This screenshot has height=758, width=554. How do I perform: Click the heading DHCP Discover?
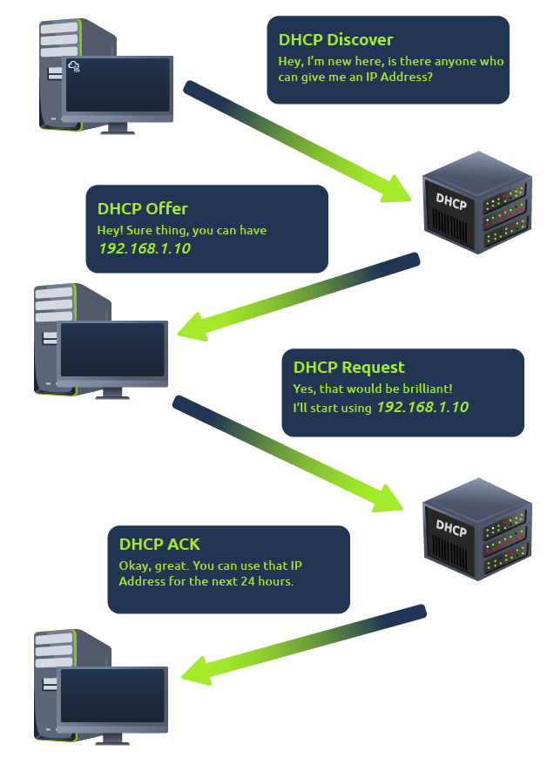coord(335,40)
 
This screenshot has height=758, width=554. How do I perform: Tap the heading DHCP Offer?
coord(142,209)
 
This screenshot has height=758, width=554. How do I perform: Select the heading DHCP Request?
coord(348,368)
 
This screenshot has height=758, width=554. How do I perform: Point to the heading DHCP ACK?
coord(159,545)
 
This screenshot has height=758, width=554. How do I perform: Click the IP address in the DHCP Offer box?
coord(144,248)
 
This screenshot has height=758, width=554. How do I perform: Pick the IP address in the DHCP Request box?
coord(422,408)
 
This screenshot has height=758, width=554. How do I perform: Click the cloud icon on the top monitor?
coord(74,66)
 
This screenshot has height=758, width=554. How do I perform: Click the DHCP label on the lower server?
coord(451,528)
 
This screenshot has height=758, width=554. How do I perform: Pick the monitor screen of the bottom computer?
coord(111,696)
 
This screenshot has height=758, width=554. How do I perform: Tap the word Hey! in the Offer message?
coord(111,231)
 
